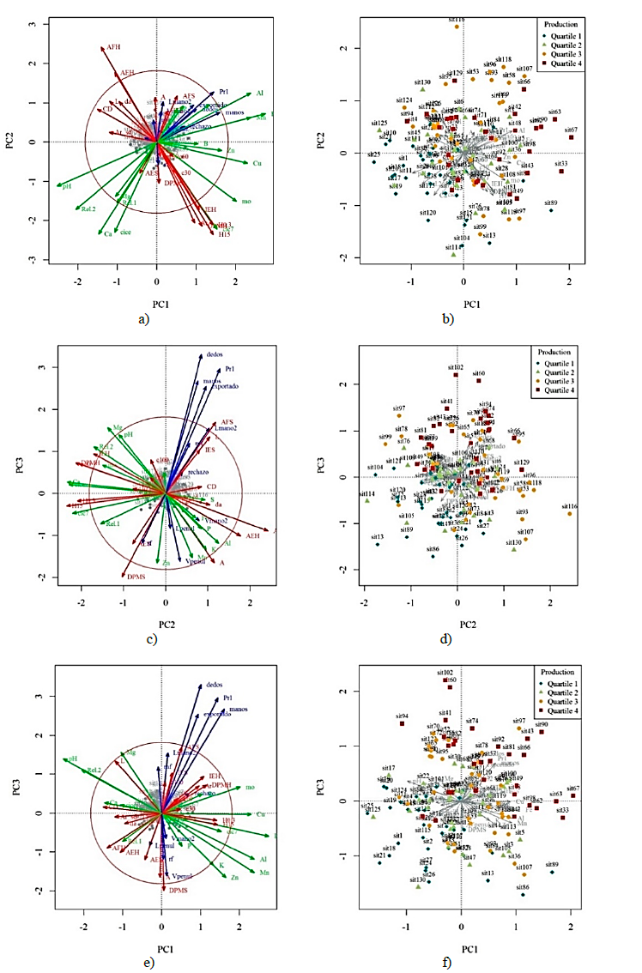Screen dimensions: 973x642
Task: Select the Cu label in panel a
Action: [x=257, y=162]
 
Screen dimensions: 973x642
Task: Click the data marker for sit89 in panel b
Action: [x=551, y=210]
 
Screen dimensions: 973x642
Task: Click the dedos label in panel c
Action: [x=214, y=355]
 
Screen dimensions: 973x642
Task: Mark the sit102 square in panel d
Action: [x=457, y=374]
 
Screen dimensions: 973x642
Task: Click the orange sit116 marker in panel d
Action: [x=570, y=513]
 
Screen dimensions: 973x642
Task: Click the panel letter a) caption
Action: [x=143, y=319]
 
